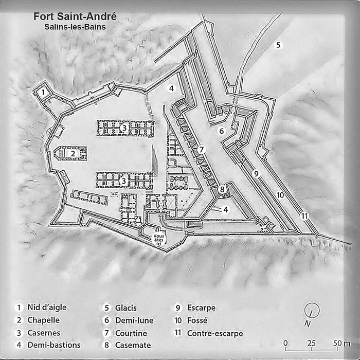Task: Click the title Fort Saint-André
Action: point(75,16)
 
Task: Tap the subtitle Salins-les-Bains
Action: point(75,27)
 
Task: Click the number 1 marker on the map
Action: point(44,92)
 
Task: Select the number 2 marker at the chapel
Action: point(73,153)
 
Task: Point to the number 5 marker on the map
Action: point(278,44)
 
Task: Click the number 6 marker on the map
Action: point(222,131)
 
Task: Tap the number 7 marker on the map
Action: point(202,150)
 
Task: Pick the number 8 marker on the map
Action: point(222,189)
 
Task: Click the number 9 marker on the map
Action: point(256,173)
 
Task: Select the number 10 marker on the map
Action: point(280,194)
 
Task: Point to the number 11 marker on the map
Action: point(304,215)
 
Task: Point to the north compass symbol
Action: point(312,310)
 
